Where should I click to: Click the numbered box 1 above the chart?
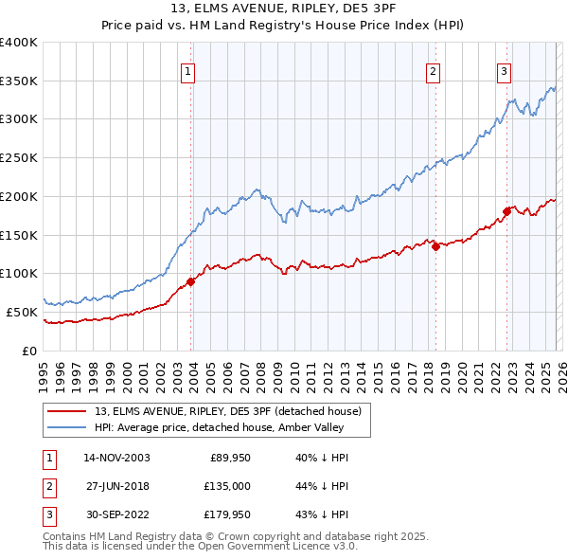(188, 70)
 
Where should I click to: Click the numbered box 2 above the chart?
(433, 70)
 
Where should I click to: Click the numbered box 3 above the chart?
(505, 70)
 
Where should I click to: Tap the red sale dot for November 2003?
(190, 280)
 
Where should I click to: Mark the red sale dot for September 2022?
(506, 211)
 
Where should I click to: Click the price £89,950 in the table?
(226, 458)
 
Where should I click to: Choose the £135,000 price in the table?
(224, 486)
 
